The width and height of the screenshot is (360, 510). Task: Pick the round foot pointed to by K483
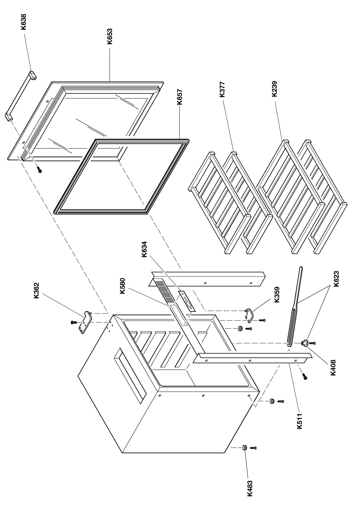(244, 448)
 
